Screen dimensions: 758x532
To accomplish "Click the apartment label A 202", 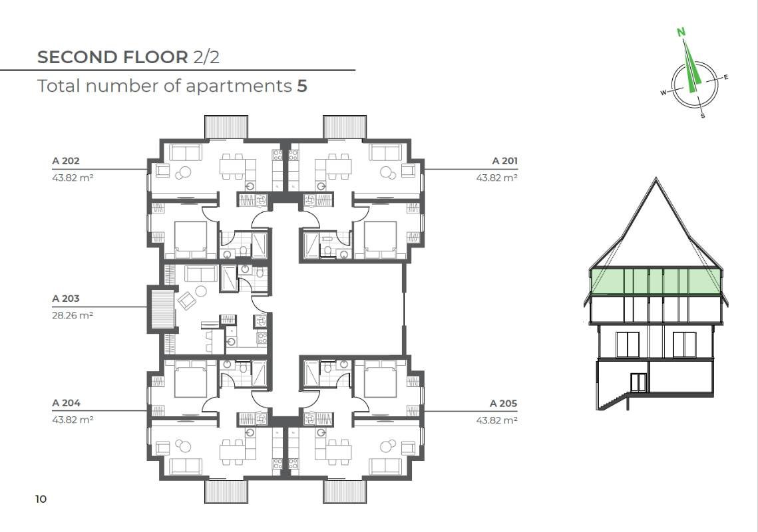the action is [x=66, y=161].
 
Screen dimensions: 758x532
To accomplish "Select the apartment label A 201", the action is [x=504, y=161].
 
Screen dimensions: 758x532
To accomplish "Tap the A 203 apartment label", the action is [x=66, y=299].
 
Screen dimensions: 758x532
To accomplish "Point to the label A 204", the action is [x=67, y=403].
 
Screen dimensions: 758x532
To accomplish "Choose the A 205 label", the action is [x=503, y=404].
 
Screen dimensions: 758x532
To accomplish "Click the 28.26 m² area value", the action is [x=73, y=315].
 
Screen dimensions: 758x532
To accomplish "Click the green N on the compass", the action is [x=681, y=33].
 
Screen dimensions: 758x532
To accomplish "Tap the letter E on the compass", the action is [x=726, y=77].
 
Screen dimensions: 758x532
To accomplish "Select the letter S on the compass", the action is [x=703, y=116].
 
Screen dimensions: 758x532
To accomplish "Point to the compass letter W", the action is [x=663, y=93].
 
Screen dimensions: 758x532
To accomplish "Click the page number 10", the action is [x=41, y=499].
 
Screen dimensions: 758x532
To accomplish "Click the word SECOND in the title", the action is [x=77, y=57].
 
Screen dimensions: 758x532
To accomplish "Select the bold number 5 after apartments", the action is [x=302, y=86].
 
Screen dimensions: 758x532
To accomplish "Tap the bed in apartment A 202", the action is [x=190, y=239].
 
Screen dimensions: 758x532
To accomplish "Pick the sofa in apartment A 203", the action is [x=200, y=273].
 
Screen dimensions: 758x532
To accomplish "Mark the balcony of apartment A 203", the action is [x=162, y=309].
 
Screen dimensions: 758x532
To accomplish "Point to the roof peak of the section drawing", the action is [x=656, y=179].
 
